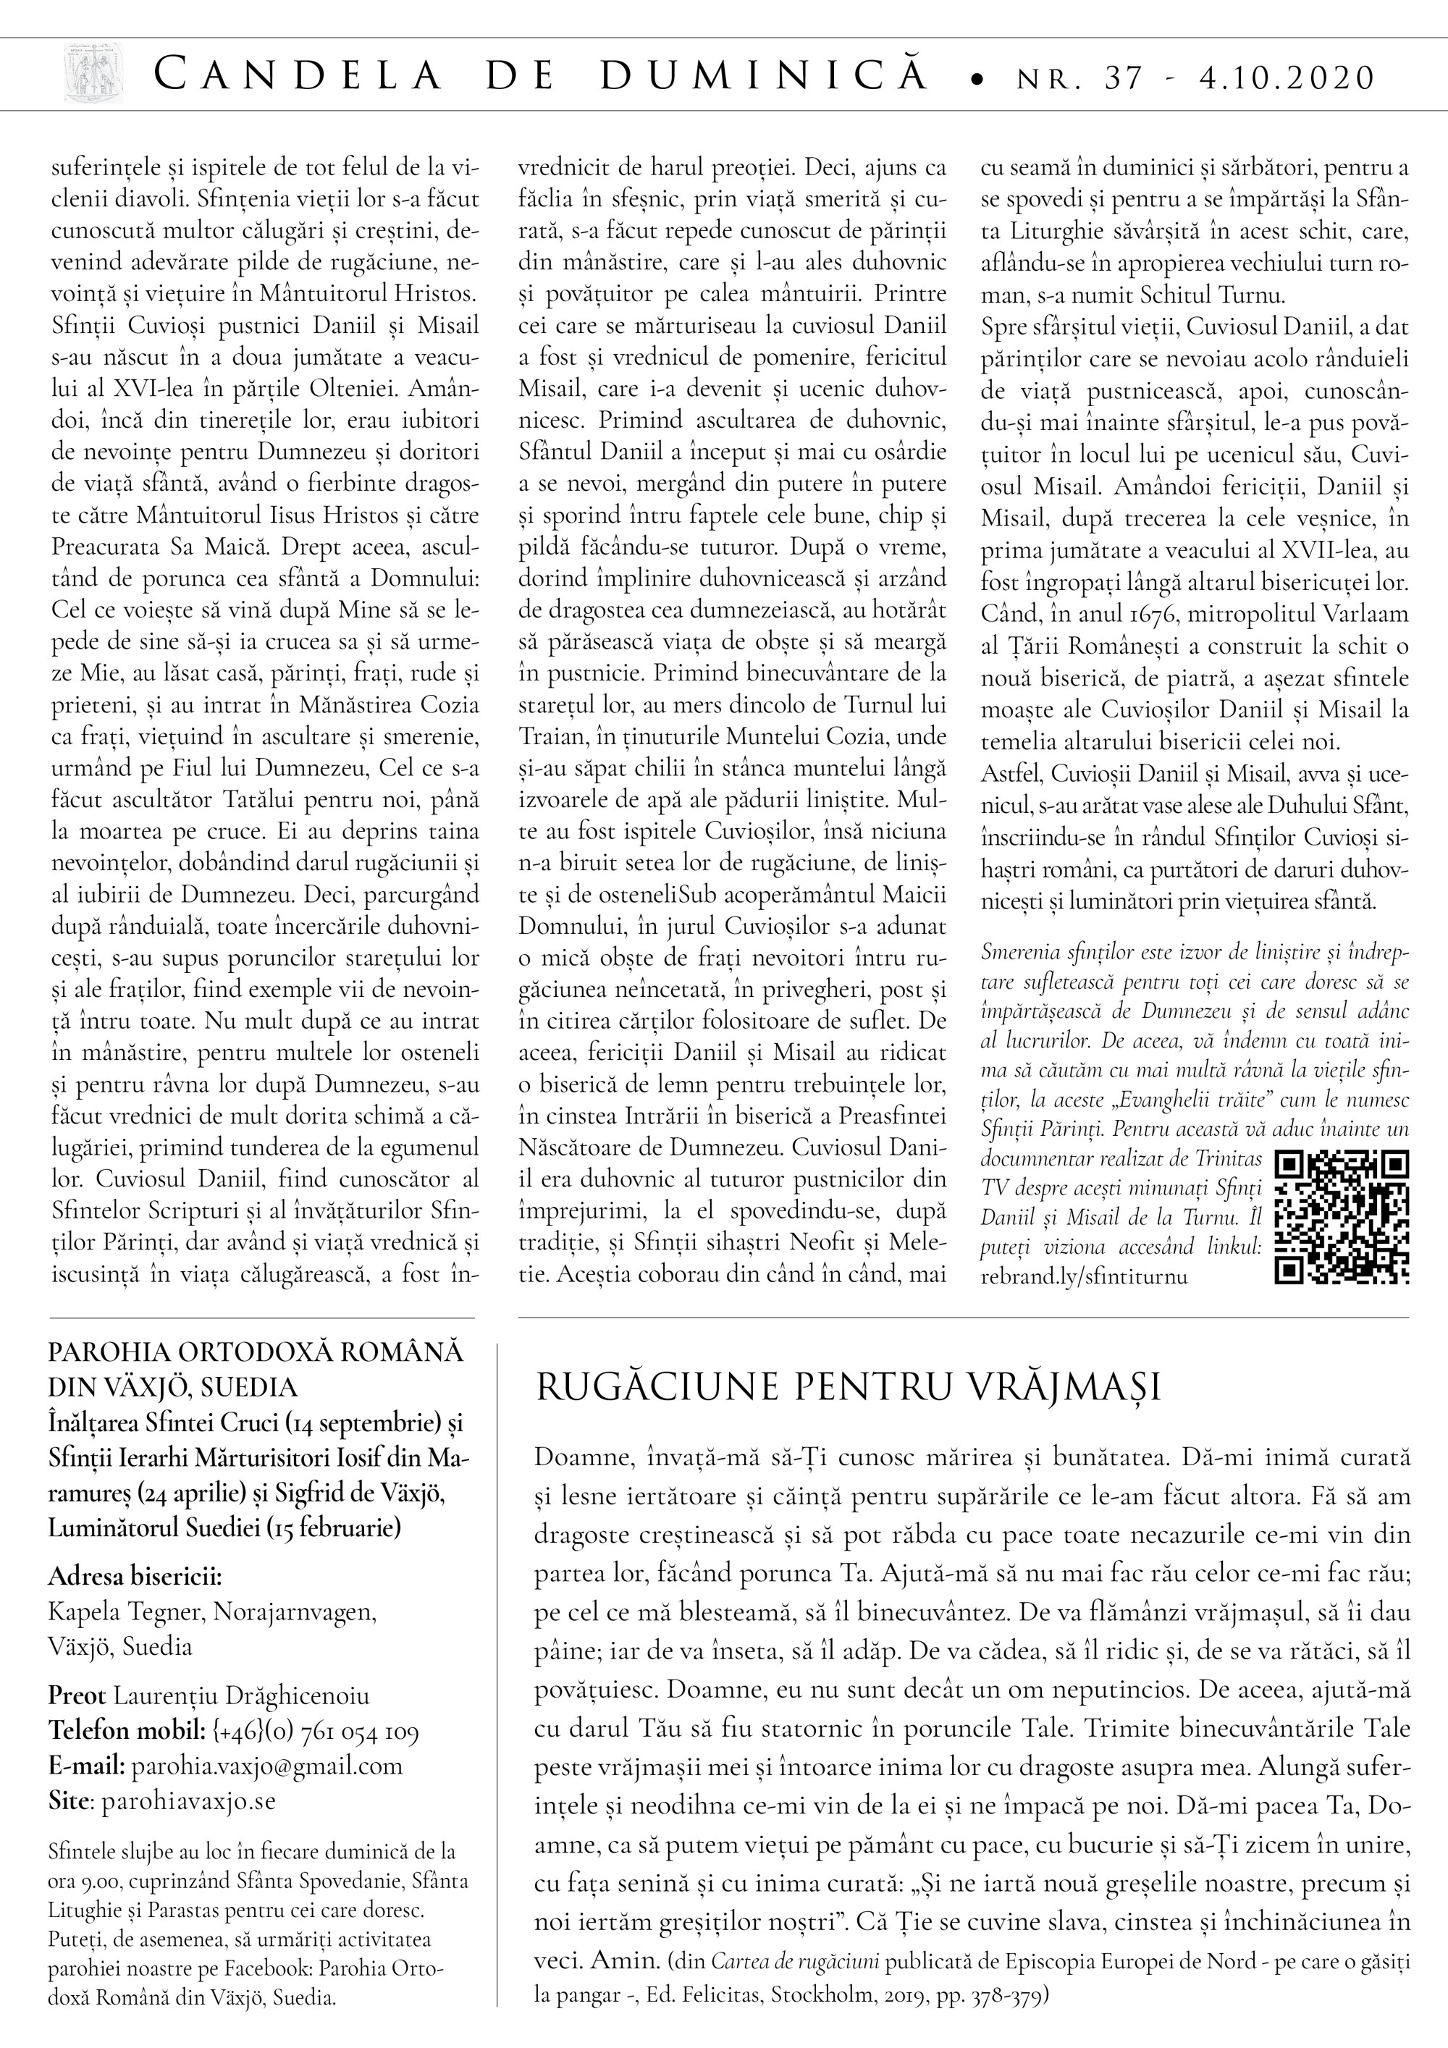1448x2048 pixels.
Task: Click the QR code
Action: click(x=1342, y=1217)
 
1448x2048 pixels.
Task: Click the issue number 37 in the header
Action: click(x=1123, y=78)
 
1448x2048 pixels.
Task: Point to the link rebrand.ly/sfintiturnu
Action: click(x=1084, y=1276)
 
